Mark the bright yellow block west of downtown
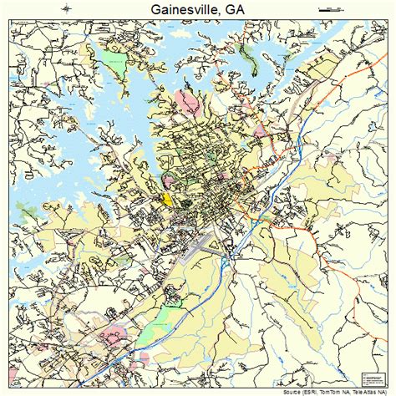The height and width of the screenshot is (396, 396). point(166,199)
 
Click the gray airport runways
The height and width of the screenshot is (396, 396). point(205,244)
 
